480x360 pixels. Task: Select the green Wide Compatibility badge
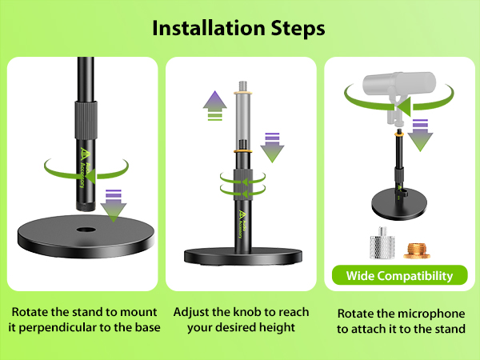pyautogui.click(x=399, y=276)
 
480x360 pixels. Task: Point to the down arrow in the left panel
pyautogui.click(x=113, y=203)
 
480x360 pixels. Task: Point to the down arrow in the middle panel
pyautogui.click(x=273, y=146)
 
